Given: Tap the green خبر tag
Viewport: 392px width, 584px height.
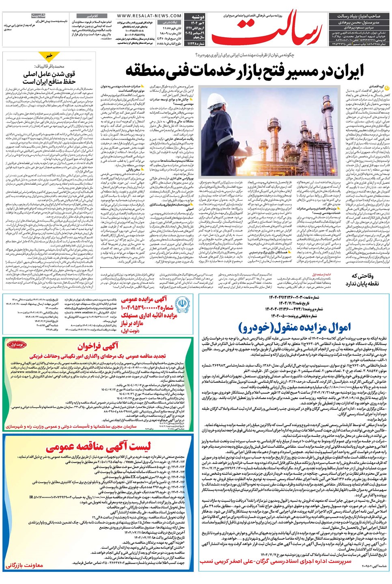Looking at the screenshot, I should tap(49, 56).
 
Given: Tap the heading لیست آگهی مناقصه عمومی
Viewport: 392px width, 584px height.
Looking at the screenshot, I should tap(98, 447).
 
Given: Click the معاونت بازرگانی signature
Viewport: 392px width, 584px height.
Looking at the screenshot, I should tap(24, 565).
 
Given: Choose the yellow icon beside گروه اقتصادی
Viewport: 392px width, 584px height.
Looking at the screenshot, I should tap(387, 86).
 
